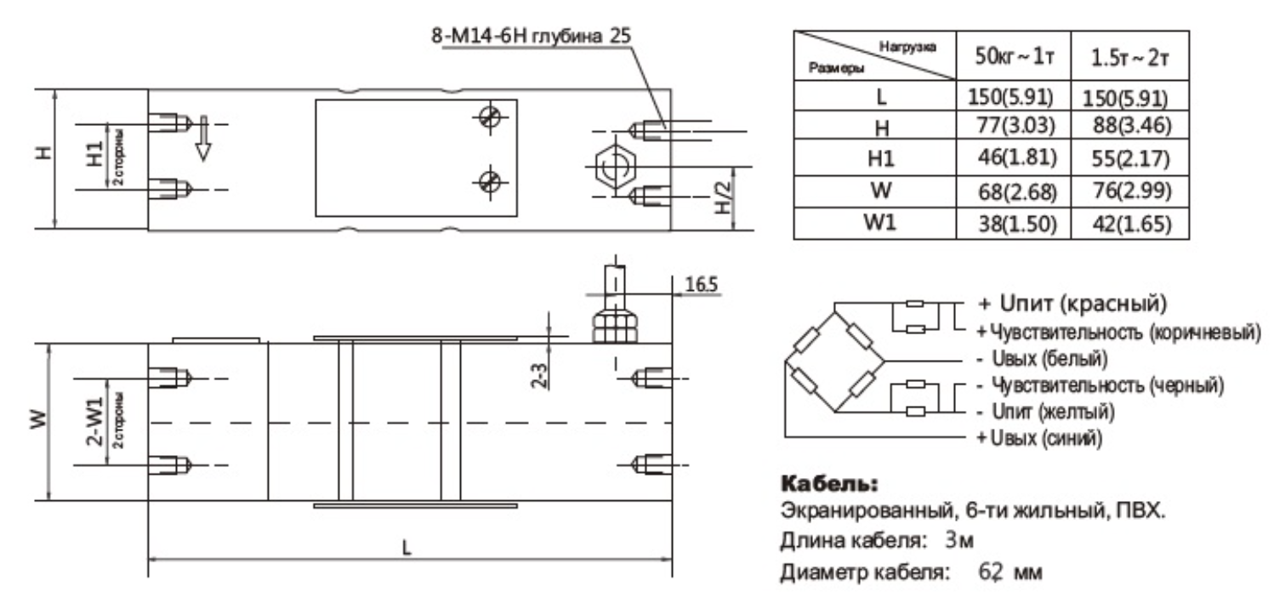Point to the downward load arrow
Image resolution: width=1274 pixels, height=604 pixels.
coord(202,140)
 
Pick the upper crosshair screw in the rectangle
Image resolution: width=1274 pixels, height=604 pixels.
coord(489,117)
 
